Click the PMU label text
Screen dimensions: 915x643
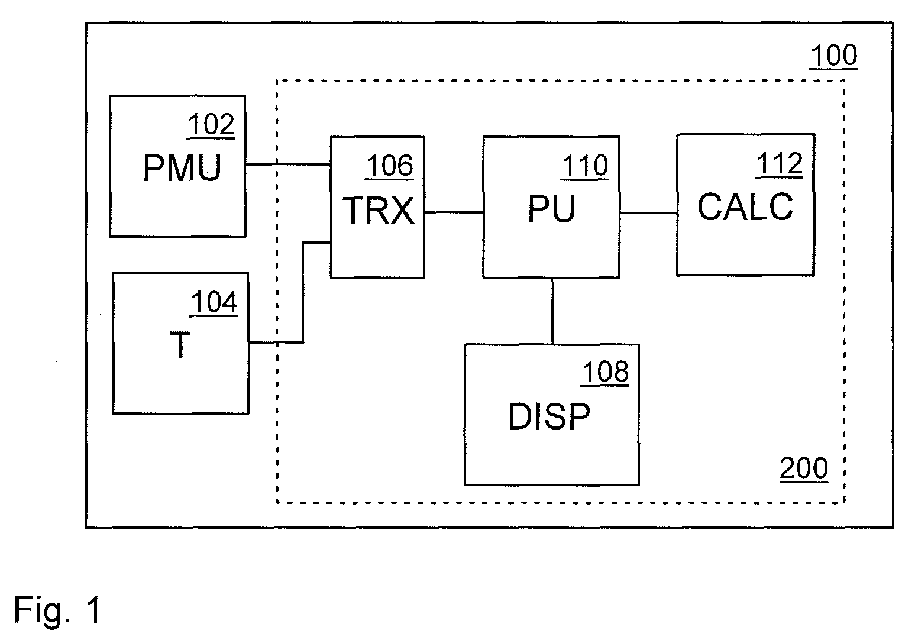182,167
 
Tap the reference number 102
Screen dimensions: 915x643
211,124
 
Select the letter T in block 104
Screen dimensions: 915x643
180,345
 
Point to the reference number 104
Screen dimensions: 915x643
214,302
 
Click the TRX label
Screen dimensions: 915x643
379,211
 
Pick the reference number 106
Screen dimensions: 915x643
389,166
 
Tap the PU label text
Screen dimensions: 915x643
551,208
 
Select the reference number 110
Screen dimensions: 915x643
585,166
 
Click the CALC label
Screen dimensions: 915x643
745,206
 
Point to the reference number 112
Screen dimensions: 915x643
780,164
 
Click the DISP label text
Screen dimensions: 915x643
549,416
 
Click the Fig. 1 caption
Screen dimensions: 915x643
57,610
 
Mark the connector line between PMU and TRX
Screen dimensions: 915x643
288,164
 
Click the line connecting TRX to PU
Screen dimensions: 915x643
454,212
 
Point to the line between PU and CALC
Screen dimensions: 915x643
648,212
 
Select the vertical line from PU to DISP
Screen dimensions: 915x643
552,311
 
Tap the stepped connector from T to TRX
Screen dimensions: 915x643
303,292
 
